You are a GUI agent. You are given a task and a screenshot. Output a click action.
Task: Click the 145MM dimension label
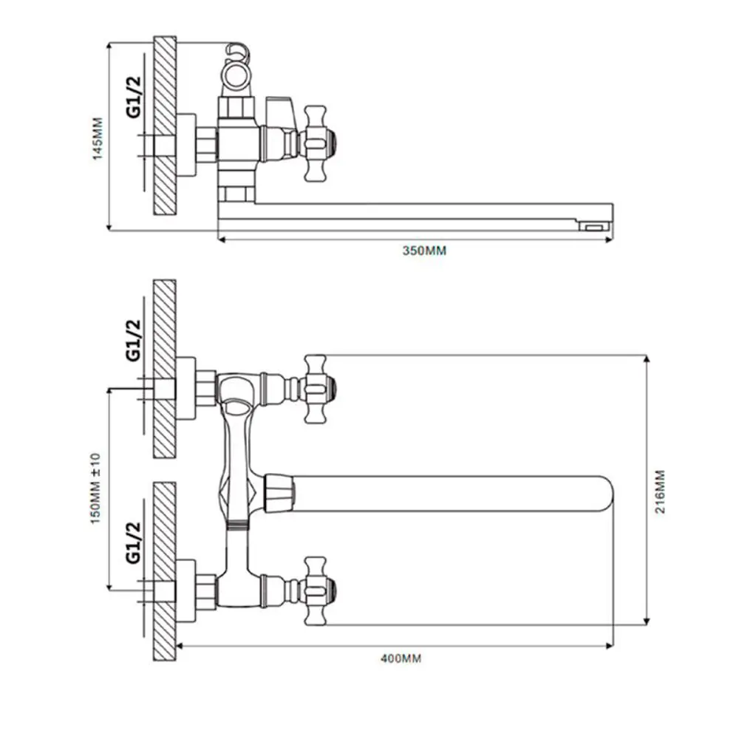98,139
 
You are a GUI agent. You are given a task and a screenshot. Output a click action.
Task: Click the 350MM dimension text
424,251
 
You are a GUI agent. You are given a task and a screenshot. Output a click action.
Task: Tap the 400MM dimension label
401,658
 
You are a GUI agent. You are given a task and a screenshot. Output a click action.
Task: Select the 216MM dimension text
660,491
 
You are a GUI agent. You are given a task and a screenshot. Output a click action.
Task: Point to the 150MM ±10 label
95,488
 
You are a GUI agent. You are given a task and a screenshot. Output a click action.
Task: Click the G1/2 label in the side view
133,97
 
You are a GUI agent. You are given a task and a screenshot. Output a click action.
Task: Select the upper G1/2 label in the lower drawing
133,340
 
